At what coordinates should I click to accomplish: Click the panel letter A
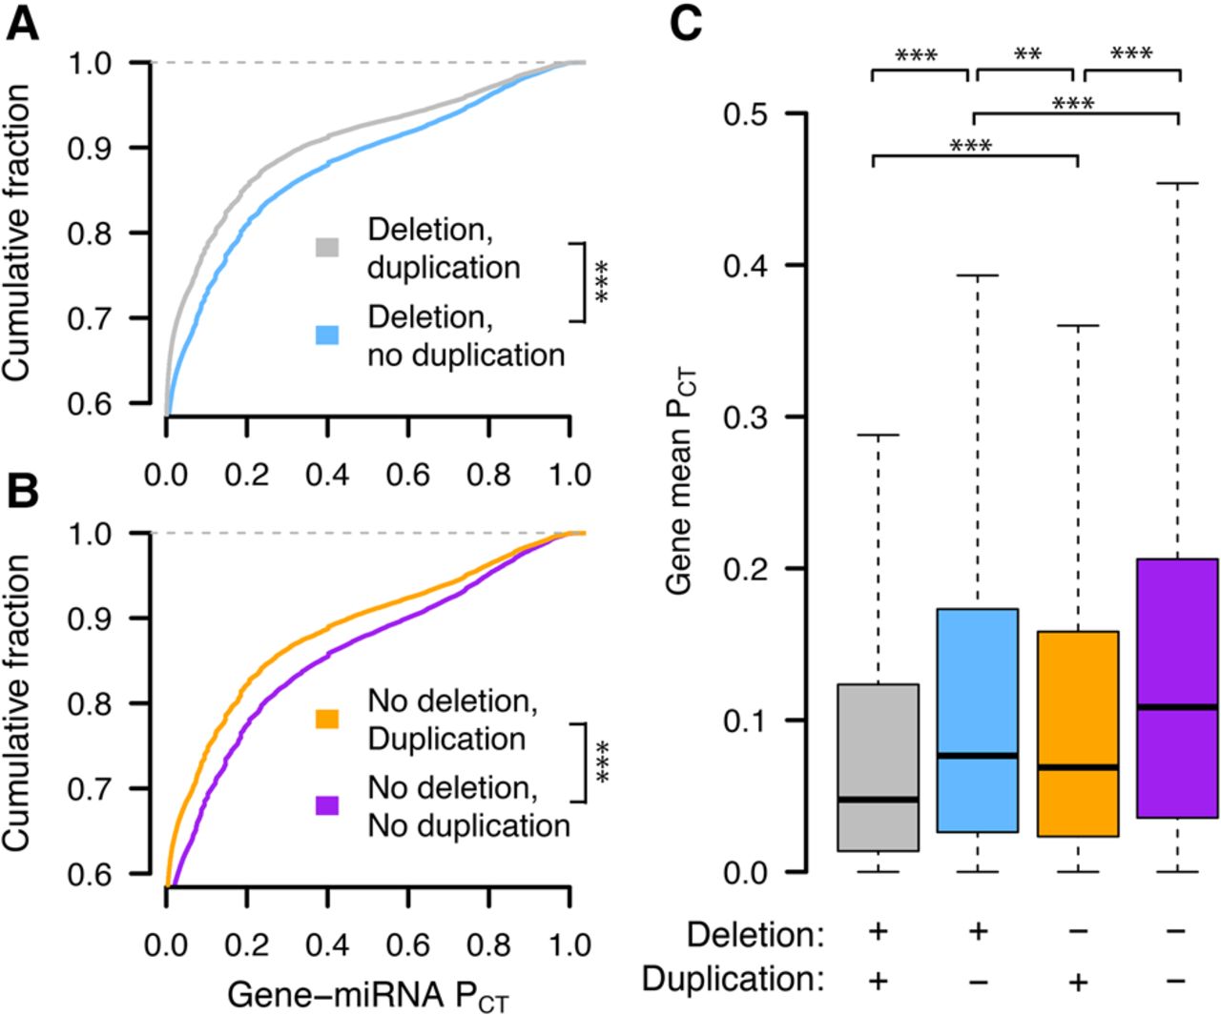point(23,23)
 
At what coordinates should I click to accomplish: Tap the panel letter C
point(685,23)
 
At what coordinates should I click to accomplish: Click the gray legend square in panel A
point(327,247)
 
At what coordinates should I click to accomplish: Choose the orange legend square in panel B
point(327,718)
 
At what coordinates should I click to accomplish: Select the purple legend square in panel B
point(327,805)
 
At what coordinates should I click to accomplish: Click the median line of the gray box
point(878,799)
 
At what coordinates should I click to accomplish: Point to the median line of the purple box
point(1179,706)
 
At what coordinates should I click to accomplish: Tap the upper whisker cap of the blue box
point(978,275)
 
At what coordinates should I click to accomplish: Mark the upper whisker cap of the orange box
point(1078,326)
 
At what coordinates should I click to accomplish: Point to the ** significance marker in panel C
point(1026,54)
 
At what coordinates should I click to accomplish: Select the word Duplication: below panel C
point(733,980)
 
